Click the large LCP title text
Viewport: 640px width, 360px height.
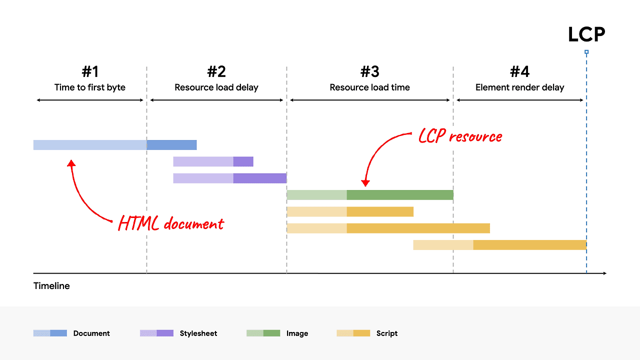click(x=586, y=34)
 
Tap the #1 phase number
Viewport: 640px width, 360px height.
click(x=90, y=71)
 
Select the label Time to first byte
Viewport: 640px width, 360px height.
click(x=90, y=87)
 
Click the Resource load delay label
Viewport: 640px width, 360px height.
click(x=216, y=87)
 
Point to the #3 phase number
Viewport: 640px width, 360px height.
click(x=370, y=71)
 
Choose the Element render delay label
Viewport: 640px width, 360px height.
click(x=519, y=87)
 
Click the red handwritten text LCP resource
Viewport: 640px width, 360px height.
click(x=460, y=136)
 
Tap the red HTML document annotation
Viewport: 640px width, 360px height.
click(x=171, y=223)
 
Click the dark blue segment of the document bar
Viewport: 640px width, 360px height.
click(x=171, y=145)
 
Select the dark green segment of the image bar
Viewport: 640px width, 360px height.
click(x=400, y=195)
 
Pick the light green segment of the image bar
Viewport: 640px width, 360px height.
click(x=316, y=195)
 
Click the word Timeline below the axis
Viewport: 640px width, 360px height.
click(x=51, y=286)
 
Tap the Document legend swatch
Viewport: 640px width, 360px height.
click(x=50, y=333)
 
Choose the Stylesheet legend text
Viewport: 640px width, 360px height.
click(x=198, y=333)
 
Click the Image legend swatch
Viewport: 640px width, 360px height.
click(x=263, y=333)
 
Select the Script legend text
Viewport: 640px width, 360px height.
click(x=387, y=333)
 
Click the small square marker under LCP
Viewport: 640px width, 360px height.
click(x=586, y=52)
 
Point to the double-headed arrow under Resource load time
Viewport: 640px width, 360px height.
click(x=370, y=100)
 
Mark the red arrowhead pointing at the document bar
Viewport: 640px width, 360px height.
click(x=71, y=163)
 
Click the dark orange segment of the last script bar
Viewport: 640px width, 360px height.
click(x=529, y=245)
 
